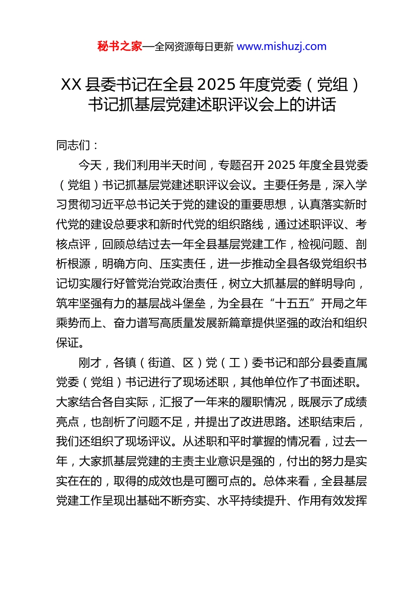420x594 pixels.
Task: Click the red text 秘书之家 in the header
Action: [x=120, y=46]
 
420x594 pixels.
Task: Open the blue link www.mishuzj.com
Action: [x=282, y=46]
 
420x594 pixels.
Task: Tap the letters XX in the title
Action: [x=71, y=84]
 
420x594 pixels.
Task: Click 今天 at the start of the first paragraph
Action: [x=90, y=165]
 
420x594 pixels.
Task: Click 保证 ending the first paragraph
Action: [x=68, y=343]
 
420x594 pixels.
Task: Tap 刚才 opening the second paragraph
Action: [x=90, y=363]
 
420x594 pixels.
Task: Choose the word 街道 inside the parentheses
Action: [x=160, y=363]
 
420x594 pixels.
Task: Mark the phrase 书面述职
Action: [x=332, y=382]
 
